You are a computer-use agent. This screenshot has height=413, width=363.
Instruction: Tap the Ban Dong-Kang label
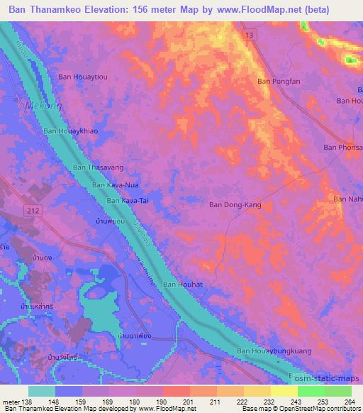pyautogui.click(x=235, y=204)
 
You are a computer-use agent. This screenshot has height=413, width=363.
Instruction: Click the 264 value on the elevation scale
pyautogui.click(x=349, y=401)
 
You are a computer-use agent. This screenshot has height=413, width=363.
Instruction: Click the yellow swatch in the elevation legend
pyautogui.click(x=284, y=391)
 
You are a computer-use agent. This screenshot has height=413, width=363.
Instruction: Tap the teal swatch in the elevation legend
pyautogui.click(x=41, y=391)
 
